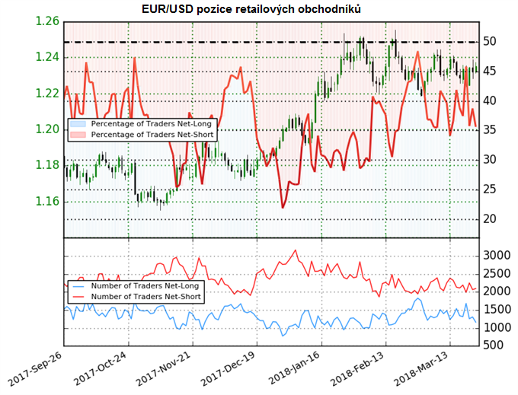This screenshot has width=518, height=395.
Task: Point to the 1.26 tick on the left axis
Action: (x=48, y=21)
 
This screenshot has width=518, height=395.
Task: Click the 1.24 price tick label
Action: (x=48, y=57)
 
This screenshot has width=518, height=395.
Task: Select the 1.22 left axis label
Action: (x=48, y=93)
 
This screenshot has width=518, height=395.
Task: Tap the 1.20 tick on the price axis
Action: (x=48, y=129)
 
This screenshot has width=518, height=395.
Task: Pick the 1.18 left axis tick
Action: (x=48, y=166)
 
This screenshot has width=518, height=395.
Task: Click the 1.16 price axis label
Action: (x=48, y=202)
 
